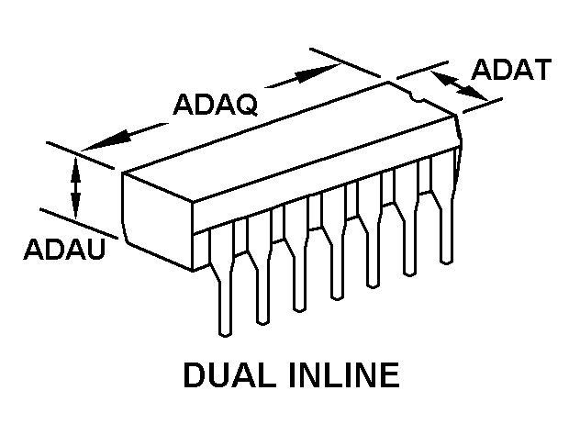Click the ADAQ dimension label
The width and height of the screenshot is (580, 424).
click(216, 105)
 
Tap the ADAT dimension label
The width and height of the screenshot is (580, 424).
click(511, 70)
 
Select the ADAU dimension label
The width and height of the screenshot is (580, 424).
click(65, 249)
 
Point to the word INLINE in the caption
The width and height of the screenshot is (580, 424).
click(345, 375)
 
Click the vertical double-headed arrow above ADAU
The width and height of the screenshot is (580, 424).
click(76, 188)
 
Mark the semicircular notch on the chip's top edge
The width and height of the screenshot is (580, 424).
click(418, 97)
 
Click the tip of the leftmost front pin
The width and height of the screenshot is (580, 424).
click(225, 334)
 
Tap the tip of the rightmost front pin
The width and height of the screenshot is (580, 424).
click(446, 262)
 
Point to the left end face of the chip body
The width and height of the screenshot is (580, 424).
click(158, 221)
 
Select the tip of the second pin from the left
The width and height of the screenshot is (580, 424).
click(262, 322)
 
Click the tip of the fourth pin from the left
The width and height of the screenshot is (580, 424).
click(336, 297)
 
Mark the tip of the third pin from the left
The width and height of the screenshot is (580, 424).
click(299, 309)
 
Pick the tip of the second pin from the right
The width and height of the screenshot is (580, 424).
click(409, 273)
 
